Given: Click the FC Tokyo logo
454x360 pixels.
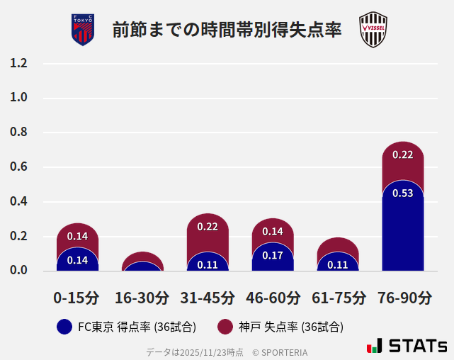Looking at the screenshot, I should pyautogui.click(x=82, y=30).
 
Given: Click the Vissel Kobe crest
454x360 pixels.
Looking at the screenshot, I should pyautogui.click(x=373, y=30).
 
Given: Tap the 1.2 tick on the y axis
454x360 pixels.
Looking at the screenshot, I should pyautogui.click(x=18, y=64).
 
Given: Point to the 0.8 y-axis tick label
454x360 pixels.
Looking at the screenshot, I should pyautogui.click(x=18, y=133).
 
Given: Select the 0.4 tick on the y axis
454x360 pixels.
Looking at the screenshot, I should pyautogui.click(x=18, y=202).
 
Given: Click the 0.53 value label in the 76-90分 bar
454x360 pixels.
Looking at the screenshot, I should pyautogui.click(x=402, y=193).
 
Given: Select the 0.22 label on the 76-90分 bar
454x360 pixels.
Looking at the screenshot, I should pyautogui.click(x=402, y=154).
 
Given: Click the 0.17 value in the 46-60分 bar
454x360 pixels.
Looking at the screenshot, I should pyautogui.click(x=273, y=255).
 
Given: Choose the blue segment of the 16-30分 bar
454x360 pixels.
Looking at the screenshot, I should pyautogui.click(x=142, y=266).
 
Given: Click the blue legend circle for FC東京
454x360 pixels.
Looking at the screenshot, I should pyautogui.click(x=64, y=327).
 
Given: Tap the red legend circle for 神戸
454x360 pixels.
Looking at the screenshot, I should pyautogui.click(x=225, y=327).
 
